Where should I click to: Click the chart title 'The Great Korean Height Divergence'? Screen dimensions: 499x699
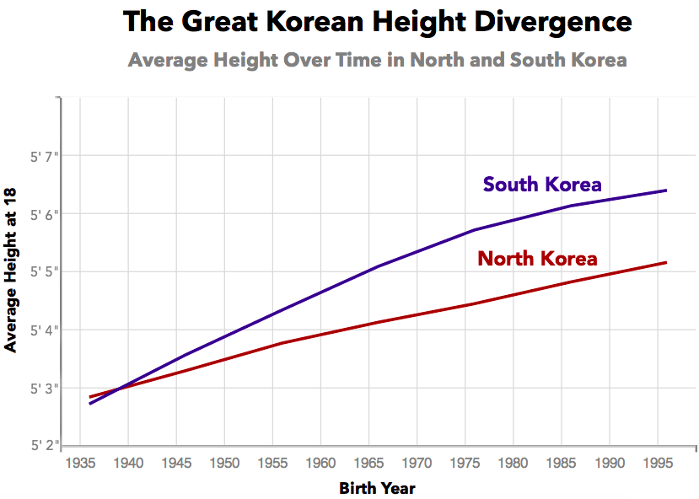377,22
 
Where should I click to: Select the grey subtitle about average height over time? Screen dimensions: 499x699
377,61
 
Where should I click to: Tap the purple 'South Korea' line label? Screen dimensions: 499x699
542,185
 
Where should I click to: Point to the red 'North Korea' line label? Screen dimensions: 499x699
537,259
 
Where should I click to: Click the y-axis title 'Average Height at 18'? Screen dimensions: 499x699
11,271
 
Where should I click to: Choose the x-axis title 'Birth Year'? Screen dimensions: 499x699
377,488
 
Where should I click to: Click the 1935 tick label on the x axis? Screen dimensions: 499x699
80,463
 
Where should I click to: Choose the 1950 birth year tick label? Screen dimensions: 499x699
224,463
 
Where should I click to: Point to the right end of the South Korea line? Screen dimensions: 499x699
667,190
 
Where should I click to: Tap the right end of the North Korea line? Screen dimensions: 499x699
667,263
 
